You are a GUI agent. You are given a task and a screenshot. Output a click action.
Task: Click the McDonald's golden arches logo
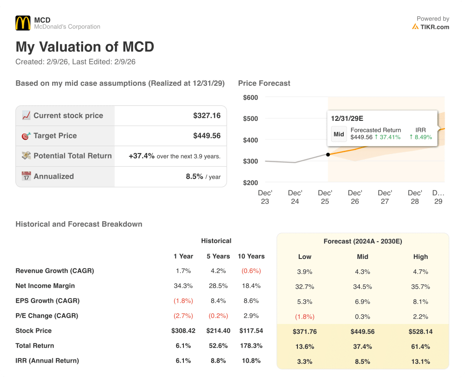[23, 23]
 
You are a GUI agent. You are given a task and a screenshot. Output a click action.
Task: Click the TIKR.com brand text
[435, 27]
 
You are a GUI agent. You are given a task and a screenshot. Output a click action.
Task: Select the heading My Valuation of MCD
[85, 47]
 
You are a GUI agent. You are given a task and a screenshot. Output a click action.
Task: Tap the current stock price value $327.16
[207, 115]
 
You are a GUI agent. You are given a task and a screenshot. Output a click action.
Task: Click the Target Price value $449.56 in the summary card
[207, 135]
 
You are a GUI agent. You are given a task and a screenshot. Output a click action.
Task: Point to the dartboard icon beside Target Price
[26, 136]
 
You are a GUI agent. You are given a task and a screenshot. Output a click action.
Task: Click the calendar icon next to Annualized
[26, 176]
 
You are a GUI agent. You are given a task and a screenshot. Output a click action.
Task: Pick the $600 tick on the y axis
[250, 97]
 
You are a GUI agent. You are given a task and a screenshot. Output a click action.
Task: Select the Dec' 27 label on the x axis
[385, 197]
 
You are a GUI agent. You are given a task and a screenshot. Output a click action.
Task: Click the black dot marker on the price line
[328, 154]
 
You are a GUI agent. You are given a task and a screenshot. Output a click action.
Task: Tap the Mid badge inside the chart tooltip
[339, 134]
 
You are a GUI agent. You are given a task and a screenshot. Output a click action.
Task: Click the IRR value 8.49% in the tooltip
[420, 137]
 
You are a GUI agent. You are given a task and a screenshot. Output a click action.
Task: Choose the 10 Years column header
[251, 256]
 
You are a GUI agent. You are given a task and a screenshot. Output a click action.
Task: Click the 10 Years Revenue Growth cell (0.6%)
[251, 271]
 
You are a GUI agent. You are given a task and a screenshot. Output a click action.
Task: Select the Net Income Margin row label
[45, 286]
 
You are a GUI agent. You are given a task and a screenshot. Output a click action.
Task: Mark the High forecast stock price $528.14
[420, 332]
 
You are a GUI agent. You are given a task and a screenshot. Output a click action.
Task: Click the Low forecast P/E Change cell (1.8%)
[305, 317]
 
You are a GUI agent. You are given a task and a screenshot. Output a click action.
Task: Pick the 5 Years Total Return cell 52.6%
[218, 346]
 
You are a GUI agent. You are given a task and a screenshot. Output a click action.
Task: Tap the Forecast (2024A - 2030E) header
[362, 241]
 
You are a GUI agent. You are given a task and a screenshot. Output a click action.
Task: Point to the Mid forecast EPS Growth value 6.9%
[362, 302]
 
